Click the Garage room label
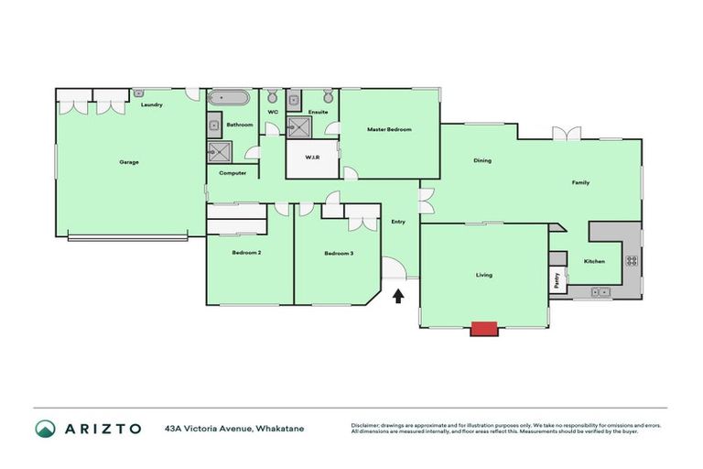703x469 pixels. [129, 162]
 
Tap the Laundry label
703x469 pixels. [152, 104]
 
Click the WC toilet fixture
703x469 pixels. [272, 97]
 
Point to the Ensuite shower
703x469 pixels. [299, 126]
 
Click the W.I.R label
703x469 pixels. [312, 158]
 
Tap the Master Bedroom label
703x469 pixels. [389, 129]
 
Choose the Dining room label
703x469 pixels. [482, 160]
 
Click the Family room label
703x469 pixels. [580, 182]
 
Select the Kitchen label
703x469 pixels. [594, 262]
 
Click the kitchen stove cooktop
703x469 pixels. [632, 260]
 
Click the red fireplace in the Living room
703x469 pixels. [483, 328]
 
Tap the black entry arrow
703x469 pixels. [397, 296]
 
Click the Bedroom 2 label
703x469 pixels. [247, 252]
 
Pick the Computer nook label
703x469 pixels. [233, 172]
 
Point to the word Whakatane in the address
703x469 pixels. [280, 429]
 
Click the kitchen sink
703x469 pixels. [600, 292]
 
